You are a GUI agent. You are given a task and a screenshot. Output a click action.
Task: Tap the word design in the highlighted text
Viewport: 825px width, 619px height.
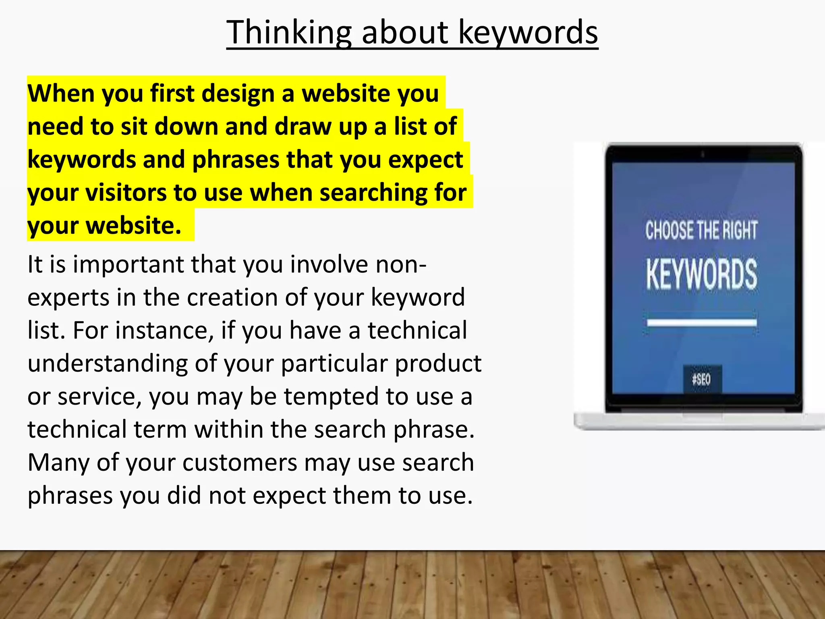(238, 93)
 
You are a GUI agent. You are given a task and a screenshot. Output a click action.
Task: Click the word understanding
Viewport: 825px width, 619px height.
(108, 364)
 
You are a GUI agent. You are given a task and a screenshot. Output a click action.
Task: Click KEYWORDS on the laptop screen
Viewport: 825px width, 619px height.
(701, 274)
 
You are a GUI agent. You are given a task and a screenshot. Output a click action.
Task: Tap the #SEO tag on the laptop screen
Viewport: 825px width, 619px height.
(701, 379)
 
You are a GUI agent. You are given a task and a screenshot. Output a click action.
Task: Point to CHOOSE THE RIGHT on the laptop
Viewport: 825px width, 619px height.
(701, 230)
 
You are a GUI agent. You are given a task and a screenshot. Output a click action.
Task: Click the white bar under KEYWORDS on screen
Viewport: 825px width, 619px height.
(701, 322)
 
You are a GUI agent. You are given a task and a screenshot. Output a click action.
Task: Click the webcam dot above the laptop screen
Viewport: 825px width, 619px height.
(703, 154)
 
